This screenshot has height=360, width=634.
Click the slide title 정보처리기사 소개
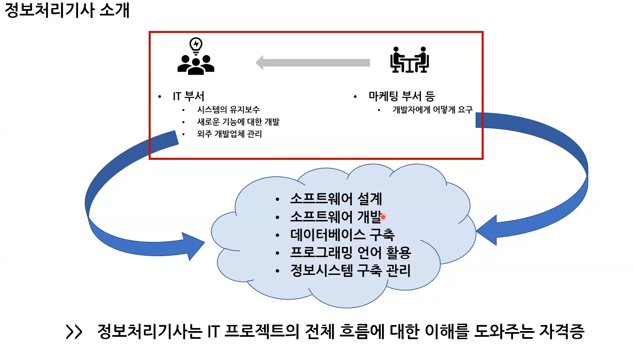tap(67, 10)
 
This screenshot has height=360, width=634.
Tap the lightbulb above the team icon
tap(196, 45)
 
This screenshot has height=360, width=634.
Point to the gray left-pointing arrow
tap(313, 63)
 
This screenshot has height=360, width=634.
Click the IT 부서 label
tap(188, 96)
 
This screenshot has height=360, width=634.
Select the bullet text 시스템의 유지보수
tap(228, 110)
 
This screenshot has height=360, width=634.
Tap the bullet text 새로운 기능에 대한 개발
tap(238, 122)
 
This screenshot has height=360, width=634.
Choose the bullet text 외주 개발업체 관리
tap(229, 134)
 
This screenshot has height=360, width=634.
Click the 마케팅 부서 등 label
tap(402, 96)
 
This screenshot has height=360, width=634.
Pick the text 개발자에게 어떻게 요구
tap(433, 110)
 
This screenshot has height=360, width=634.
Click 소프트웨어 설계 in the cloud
tap(336, 199)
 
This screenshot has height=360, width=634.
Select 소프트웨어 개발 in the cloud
tap(335, 217)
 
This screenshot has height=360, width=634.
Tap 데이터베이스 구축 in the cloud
tap(342, 235)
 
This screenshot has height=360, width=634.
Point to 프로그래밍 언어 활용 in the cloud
tap(350, 253)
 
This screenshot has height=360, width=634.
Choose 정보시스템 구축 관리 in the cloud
tap(350, 271)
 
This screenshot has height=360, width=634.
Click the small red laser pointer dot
tap(383, 217)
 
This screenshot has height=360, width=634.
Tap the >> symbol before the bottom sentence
tap(74, 332)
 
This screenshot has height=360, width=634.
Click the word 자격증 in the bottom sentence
tap(562, 331)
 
